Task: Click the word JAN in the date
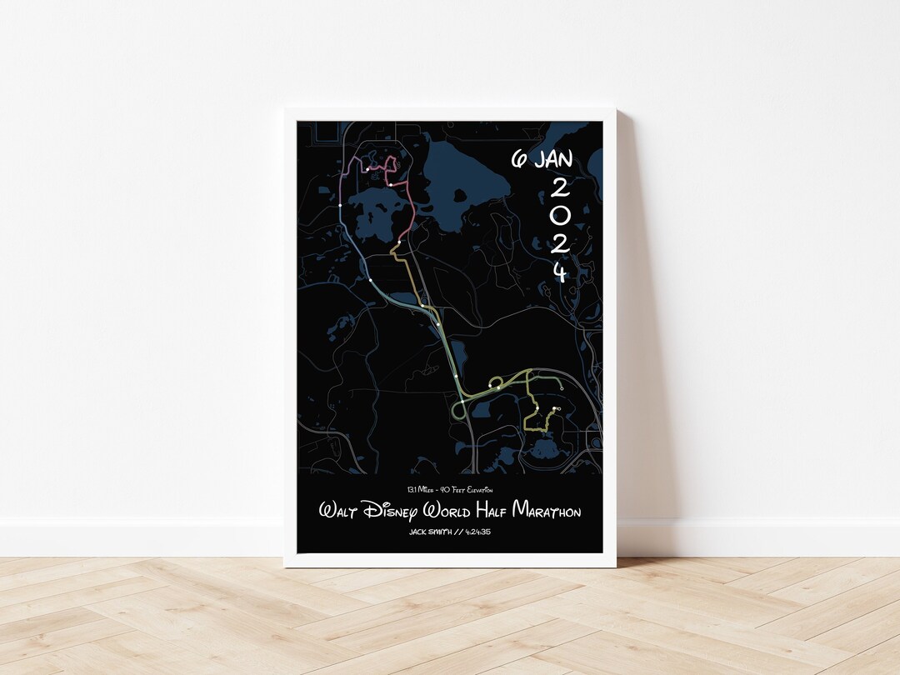pos(554,159)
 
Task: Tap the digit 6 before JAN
pos(519,160)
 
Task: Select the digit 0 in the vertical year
pos(560,214)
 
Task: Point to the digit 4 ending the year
pos(560,272)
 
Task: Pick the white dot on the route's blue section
pos(371,280)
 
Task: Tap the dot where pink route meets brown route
pos(399,242)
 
